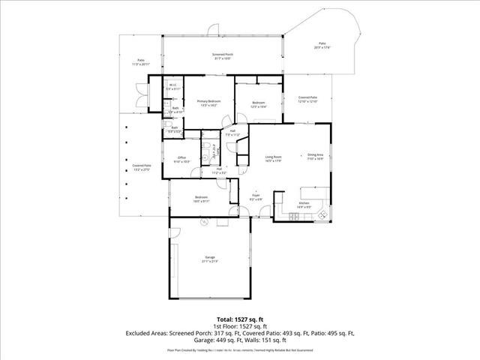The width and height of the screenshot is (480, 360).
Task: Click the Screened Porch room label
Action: click(x=223, y=56)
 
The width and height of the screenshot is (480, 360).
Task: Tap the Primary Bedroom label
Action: click(x=208, y=103)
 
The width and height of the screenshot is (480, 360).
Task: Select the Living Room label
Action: click(x=272, y=158)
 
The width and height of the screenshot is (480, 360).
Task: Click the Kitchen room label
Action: click(x=304, y=204)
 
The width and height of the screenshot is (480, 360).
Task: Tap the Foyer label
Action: click(x=255, y=196)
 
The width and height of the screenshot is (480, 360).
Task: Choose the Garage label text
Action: click(x=209, y=259)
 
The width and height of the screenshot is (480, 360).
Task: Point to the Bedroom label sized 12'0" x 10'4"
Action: click(x=258, y=104)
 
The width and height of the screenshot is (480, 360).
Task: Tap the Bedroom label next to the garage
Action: click(x=202, y=199)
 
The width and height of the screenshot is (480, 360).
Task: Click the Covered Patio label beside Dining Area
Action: click(x=307, y=99)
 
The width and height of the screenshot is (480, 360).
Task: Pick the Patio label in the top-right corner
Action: click(x=322, y=46)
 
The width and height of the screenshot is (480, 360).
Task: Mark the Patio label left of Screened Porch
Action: click(x=140, y=62)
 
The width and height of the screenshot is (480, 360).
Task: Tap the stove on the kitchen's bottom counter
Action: click(x=295, y=218)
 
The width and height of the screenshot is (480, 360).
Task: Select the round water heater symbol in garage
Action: click(x=202, y=222)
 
